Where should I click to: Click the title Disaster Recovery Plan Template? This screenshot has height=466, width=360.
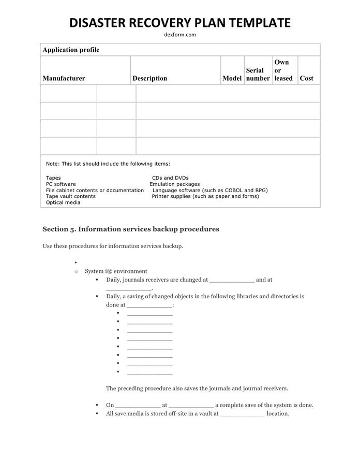tap(179, 23)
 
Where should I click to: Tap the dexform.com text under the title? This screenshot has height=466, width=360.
tap(179, 35)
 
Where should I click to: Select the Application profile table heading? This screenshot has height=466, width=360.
tap(71, 50)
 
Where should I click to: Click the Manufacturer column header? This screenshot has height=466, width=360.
tap(64, 78)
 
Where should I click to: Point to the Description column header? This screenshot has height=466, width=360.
tap(149, 78)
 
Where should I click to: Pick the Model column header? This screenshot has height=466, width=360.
tap(232, 78)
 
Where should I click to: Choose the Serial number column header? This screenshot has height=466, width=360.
tap(258, 74)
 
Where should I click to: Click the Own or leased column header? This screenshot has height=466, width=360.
tap(283, 70)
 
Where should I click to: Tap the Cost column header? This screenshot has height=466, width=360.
tap(306, 78)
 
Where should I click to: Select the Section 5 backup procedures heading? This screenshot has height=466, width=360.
tap(131, 229)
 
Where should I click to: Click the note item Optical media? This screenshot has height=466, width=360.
tap(63, 202)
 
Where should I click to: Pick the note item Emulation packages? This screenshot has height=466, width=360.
tap(174, 184)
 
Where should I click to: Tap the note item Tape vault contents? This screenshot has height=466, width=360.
tap(71, 196)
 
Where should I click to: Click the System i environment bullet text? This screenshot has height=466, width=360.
tap(116, 271)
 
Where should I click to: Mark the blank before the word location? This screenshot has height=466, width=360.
tap(242, 414)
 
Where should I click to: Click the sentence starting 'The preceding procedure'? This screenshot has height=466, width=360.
tap(197, 388)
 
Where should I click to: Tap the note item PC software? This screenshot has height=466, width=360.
tap(61, 184)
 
